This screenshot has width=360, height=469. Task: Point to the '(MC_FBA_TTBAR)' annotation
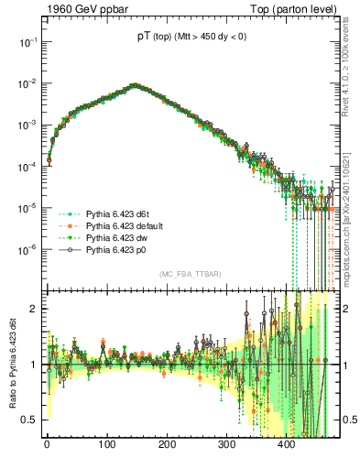[x=189, y=275]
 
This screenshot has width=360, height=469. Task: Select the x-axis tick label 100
[x=106, y=446]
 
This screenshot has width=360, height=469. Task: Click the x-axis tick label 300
[x=226, y=446]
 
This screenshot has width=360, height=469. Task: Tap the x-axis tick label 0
[x=47, y=446]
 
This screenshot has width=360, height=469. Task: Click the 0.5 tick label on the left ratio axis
[x=29, y=420]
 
